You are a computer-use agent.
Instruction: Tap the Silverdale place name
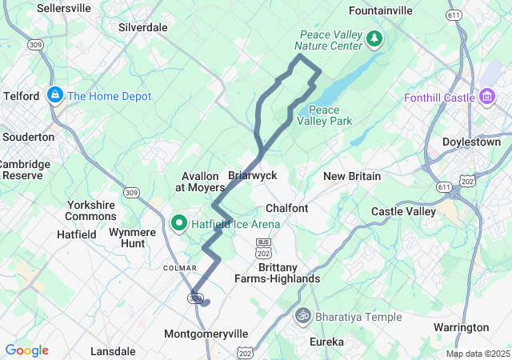[x=142, y=27]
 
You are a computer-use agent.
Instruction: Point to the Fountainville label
[x=382, y=10]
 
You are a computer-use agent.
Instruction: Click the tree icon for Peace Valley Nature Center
[x=374, y=38]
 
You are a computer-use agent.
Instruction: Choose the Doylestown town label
[x=471, y=142]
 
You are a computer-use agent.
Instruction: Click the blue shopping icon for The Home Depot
[x=55, y=96]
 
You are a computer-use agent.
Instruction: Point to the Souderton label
[x=28, y=137]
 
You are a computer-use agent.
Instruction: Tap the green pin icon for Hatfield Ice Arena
[x=180, y=223]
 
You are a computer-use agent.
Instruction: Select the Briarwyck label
[x=252, y=175]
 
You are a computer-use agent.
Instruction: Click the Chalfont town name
[x=286, y=208]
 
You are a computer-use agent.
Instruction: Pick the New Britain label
[x=351, y=176]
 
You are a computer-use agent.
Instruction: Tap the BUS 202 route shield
[x=264, y=246]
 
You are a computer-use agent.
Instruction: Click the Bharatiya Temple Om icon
[x=302, y=317]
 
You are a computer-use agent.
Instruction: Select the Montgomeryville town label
[x=206, y=334]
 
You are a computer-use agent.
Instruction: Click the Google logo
[x=26, y=350]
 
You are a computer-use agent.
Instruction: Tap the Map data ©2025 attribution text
[x=478, y=354]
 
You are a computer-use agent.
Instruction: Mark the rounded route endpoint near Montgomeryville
[x=206, y=302]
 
